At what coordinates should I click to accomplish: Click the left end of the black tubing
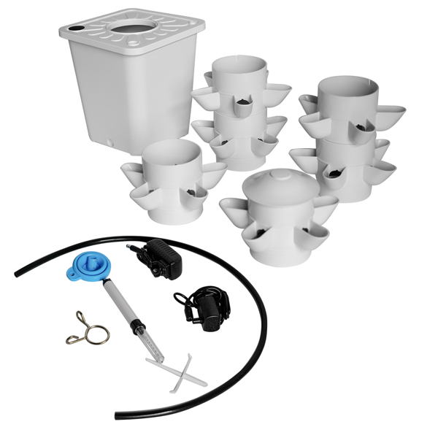pyautogui.click(x=16, y=274)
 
